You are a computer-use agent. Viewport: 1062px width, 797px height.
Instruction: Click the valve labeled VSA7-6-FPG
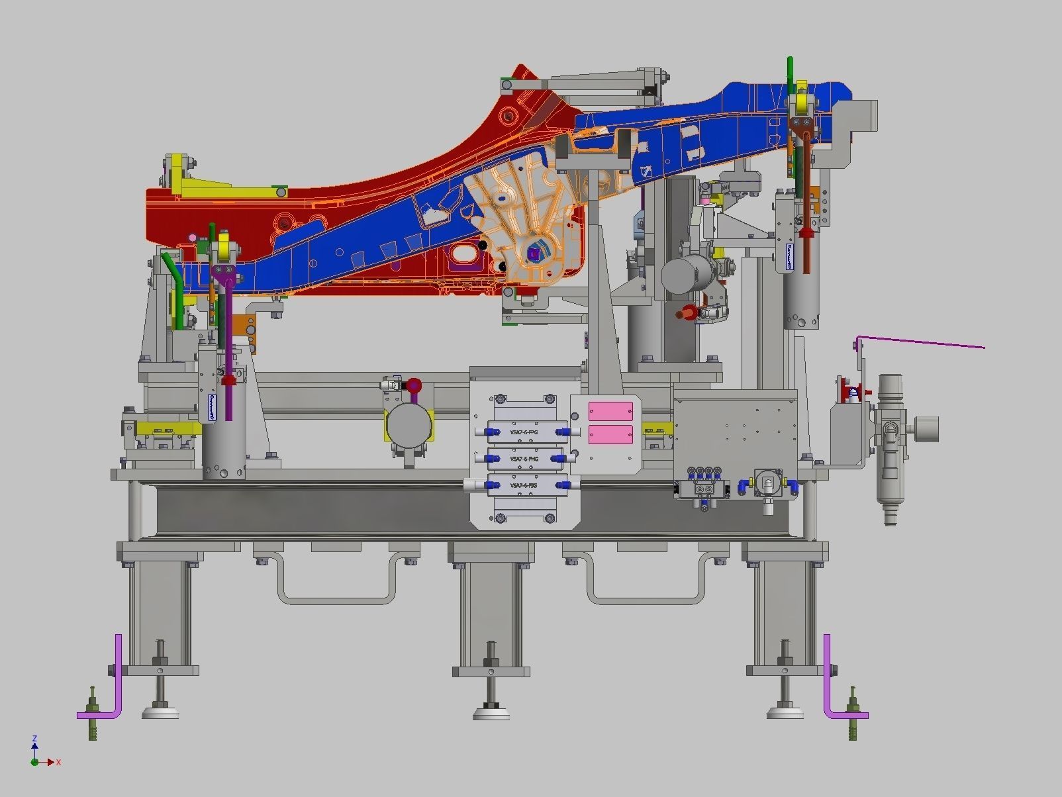click(523, 432)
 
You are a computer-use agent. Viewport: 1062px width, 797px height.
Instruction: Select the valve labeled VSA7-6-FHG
click(523, 459)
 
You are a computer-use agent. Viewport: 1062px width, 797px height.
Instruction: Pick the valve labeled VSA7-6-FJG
click(523, 485)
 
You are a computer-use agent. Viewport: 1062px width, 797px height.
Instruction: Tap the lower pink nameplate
click(610, 434)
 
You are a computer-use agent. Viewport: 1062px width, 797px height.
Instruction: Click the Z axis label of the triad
click(34, 739)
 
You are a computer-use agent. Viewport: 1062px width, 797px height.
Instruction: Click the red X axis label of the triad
click(58, 763)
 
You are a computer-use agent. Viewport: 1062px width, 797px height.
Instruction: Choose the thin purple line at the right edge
click(927, 342)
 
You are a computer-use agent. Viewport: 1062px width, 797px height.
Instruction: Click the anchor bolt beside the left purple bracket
click(92, 715)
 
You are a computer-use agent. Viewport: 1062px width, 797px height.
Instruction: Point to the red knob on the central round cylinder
click(414, 385)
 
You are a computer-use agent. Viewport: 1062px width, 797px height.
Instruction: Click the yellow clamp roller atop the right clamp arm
click(803, 103)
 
